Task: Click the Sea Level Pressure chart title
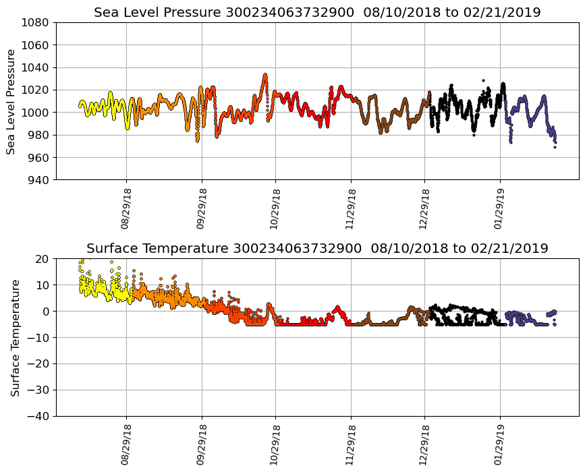(x=317, y=12)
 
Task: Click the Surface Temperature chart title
(x=317, y=248)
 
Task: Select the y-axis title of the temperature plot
(x=15, y=337)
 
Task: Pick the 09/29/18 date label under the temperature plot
(x=201, y=445)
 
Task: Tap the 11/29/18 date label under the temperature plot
(x=350, y=445)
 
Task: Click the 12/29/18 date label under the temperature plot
(x=425, y=445)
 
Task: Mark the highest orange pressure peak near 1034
(x=265, y=74)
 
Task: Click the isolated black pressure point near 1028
(x=483, y=80)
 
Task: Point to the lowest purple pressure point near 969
(x=555, y=147)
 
